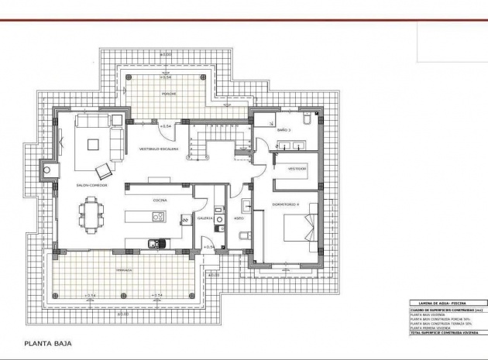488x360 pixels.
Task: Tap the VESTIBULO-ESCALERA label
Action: pyautogui.click(x=159, y=149)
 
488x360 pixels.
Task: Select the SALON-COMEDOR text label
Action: pyautogui.click(x=91, y=186)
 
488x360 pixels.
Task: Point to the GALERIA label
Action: pyautogui.click(x=205, y=218)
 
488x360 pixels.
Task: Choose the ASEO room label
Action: pyautogui.click(x=239, y=218)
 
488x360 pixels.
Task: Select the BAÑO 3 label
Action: pyautogui.click(x=284, y=131)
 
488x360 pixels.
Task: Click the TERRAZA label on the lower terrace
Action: pyautogui.click(x=124, y=270)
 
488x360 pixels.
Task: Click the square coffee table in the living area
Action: pyautogui.click(x=93, y=144)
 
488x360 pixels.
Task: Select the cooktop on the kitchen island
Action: pyautogui.click(x=186, y=220)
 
